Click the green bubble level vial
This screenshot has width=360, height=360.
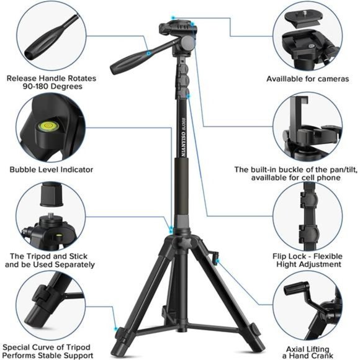(45, 128)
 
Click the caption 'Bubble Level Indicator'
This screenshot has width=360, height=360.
(51, 169)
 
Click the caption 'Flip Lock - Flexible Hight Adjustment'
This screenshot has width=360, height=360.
(306, 260)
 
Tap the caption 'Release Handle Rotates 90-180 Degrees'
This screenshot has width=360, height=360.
(45, 83)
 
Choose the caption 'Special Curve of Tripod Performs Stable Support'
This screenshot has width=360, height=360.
(48, 351)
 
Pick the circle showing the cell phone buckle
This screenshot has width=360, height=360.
(307, 129)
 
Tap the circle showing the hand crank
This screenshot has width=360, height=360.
(306, 308)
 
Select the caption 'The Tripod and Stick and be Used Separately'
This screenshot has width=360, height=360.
(50, 260)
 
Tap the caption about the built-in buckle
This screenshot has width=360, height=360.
(304, 173)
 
